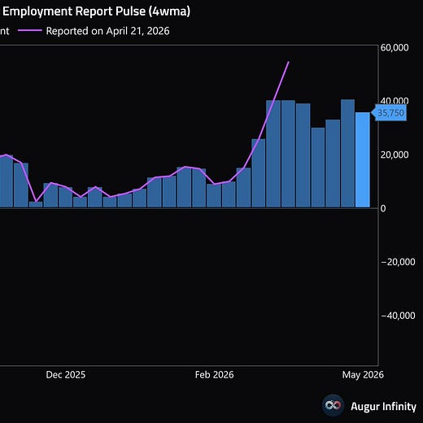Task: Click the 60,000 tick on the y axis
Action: [x=395, y=48]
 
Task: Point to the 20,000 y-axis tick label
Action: [x=395, y=155]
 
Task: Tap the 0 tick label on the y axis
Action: [x=383, y=208]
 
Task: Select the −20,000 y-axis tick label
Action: [x=398, y=262]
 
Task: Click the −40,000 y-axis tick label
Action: [x=398, y=316]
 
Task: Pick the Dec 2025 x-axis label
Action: [x=66, y=375]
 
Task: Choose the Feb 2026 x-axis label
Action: [x=214, y=375]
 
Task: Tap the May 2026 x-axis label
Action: [x=363, y=375]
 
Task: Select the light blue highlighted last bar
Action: [x=363, y=160]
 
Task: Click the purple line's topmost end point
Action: [x=289, y=62]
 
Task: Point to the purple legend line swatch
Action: [x=30, y=31]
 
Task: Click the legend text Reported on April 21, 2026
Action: [x=107, y=31]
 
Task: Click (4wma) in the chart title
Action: [x=169, y=11]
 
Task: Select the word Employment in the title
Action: [x=37, y=11]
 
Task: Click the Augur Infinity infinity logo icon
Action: [x=333, y=405]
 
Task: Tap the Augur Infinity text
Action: [x=383, y=406]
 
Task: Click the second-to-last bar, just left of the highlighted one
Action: [x=347, y=154]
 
